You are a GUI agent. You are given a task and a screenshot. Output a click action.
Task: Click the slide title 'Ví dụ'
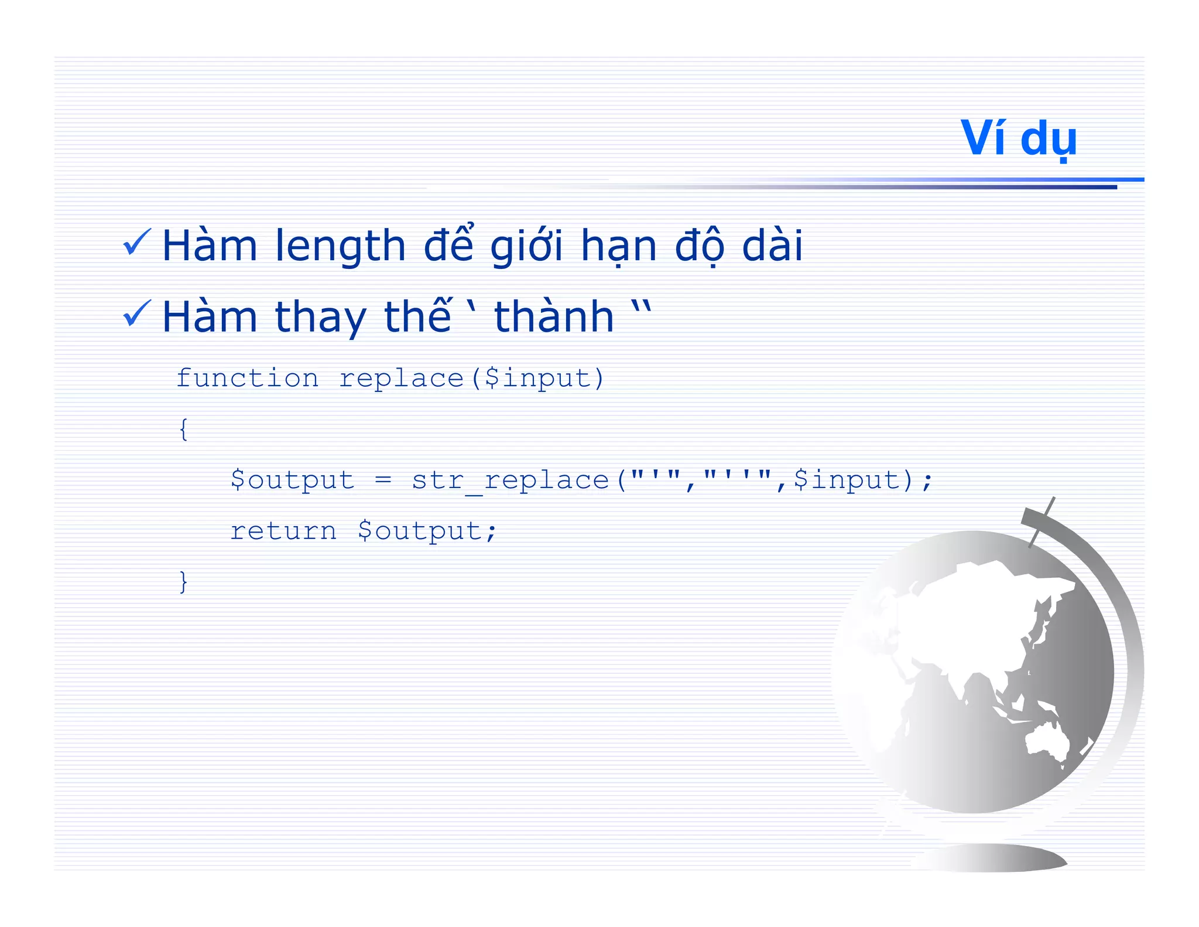(x=1018, y=139)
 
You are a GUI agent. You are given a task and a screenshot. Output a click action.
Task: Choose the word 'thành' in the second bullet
(x=554, y=316)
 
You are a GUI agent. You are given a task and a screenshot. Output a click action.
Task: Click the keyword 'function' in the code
(x=247, y=379)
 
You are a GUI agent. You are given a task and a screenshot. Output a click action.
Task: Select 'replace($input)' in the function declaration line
(x=471, y=379)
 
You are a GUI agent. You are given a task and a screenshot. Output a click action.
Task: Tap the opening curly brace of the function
(x=183, y=430)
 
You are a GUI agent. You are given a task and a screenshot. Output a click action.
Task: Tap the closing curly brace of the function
(x=183, y=582)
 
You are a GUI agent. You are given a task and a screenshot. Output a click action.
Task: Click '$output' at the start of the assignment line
(x=292, y=480)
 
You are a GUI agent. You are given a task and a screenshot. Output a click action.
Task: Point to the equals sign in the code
(x=383, y=480)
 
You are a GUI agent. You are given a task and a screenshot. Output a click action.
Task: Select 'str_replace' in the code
(x=509, y=480)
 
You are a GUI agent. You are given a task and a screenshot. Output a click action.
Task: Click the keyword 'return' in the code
(x=283, y=531)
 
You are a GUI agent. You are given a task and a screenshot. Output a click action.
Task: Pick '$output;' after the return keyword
(x=427, y=531)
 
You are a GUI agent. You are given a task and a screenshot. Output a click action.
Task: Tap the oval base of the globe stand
(x=995, y=857)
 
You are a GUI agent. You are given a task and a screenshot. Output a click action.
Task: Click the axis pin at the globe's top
(x=1042, y=522)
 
